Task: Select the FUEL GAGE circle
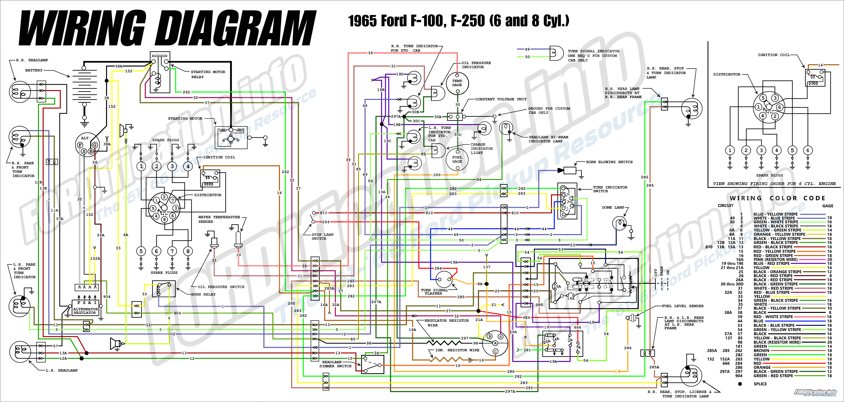[457, 159]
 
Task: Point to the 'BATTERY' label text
[34, 70]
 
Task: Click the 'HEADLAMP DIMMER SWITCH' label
[335, 364]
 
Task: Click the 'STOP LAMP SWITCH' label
[322, 236]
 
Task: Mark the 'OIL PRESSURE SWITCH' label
[221, 287]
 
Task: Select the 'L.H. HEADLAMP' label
[62, 370]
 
